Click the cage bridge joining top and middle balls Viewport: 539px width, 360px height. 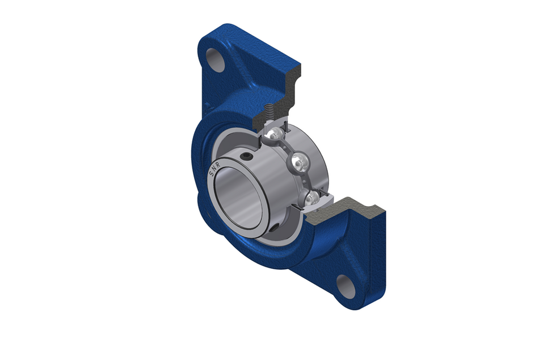pyautogui.click(x=287, y=145)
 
